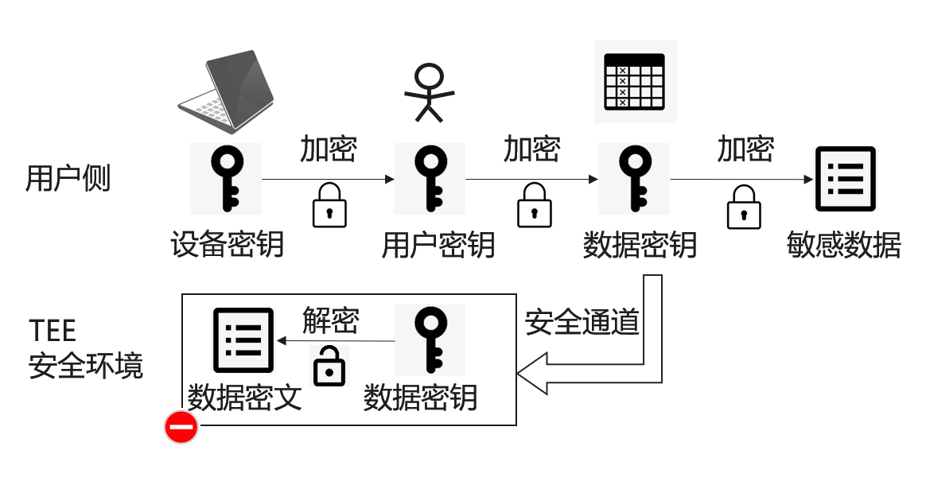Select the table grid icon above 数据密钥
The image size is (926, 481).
(x=635, y=82)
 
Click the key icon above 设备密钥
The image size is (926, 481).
(x=226, y=179)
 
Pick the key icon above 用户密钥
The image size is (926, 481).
(x=430, y=179)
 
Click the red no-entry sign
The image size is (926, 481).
(x=181, y=428)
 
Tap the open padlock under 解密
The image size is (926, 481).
(x=330, y=366)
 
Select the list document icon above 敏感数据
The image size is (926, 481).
(x=845, y=179)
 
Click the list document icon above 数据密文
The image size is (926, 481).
(x=243, y=340)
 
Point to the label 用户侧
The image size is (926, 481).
(x=68, y=178)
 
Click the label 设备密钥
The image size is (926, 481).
(x=227, y=244)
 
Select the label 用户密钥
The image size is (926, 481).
(x=438, y=244)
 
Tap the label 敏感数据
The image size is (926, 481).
(x=843, y=244)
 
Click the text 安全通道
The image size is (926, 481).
(x=582, y=322)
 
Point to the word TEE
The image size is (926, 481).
(x=53, y=330)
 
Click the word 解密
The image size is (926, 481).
(x=330, y=320)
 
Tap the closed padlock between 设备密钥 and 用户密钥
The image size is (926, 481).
(x=329, y=205)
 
